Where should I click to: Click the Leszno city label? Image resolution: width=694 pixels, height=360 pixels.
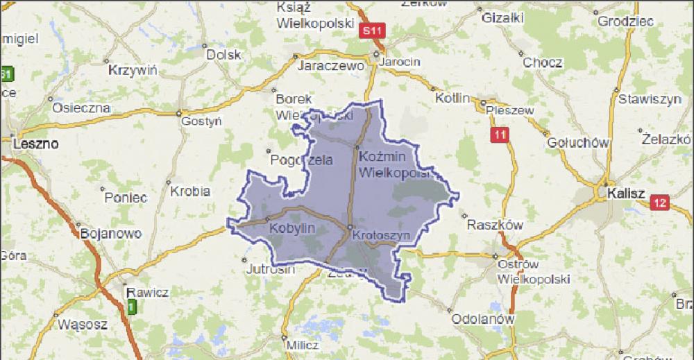point(34,144)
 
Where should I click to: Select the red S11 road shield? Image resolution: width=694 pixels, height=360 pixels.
point(372,31)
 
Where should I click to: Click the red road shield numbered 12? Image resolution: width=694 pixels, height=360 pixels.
point(659,203)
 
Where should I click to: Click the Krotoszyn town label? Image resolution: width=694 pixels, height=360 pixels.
point(382,236)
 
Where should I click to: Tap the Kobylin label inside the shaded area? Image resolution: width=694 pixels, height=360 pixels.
point(292,228)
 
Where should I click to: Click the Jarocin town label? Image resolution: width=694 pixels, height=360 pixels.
point(400,62)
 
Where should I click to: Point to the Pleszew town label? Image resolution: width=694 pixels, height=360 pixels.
point(510,110)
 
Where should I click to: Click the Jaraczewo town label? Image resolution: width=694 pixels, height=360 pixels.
point(331,67)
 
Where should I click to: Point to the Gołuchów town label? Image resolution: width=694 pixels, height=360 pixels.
point(578,142)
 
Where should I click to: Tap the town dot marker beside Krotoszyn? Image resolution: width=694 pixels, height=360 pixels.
point(350,228)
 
